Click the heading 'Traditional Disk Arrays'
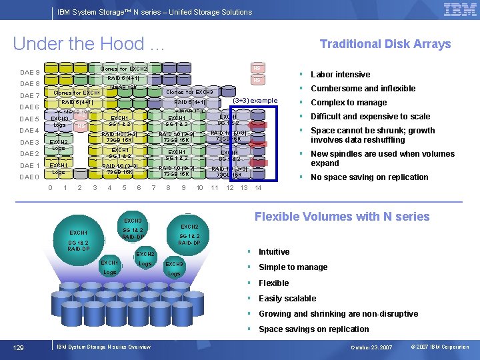(x=385, y=44)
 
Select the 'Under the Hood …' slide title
(x=89, y=44)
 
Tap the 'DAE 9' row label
(x=30, y=72)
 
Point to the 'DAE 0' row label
(x=30, y=177)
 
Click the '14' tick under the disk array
(x=258, y=188)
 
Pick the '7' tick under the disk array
(x=153, y=188)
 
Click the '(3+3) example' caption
(x=255, y=100)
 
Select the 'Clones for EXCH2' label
(x=123, y=69)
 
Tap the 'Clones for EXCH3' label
(x=189, y=92)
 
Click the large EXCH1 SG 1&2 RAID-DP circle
(x=79, y=240)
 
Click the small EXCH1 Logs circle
(x=110, y=267)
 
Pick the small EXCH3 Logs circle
(x=174, y=269)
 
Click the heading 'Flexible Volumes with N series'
(x=342, y=217)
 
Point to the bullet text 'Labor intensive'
(x=340, y=75)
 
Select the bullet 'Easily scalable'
(x=287, y=299)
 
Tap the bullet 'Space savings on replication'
(x=313, y=329)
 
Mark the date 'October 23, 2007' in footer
(x=372, y=347)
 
